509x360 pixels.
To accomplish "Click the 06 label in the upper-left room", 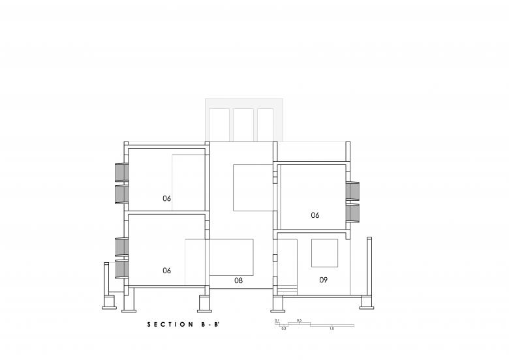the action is tap(166, 198).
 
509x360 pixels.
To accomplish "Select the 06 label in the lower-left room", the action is tap(166, 271).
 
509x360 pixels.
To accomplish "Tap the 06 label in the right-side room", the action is tap(315, 215).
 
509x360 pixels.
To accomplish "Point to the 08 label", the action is tap(238, 280).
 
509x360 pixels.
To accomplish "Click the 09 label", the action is tap(323, 280).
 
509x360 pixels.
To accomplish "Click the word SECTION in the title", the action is tap(170, 324).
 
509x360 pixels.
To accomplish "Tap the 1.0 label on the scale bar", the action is tap(332, 329).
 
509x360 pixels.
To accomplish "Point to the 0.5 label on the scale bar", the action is tap(299, 320).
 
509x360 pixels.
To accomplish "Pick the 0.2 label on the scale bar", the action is tap(284, 329).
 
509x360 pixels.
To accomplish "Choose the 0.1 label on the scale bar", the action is tap(277, 320).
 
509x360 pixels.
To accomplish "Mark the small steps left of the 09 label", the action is tap(288, 290).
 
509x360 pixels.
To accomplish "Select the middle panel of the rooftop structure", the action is tap(243, 125).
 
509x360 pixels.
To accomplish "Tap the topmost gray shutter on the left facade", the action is tap(121, 172).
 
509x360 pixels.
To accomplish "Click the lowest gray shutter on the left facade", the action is tap(121, 269).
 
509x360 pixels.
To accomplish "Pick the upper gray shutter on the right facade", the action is tap(352, 191).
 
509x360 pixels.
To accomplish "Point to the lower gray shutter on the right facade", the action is tap(352, 213).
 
